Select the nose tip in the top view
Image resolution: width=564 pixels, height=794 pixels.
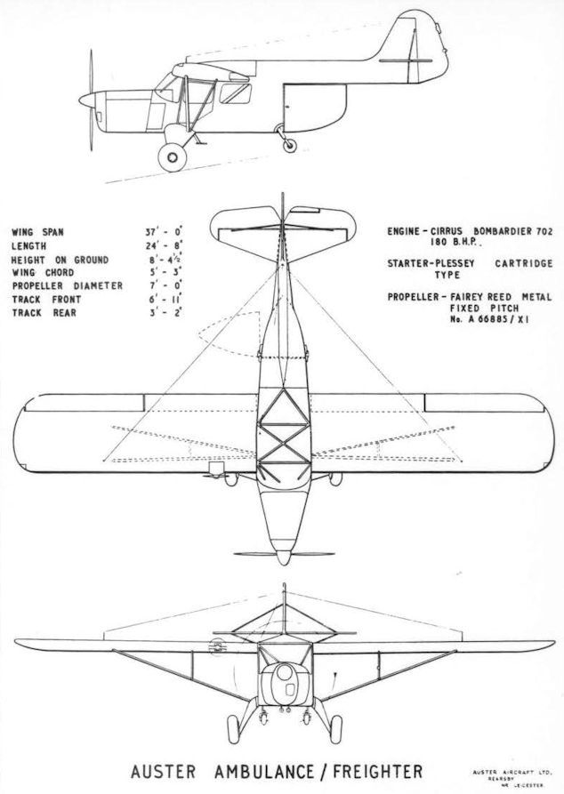click(x=283, y=558)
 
